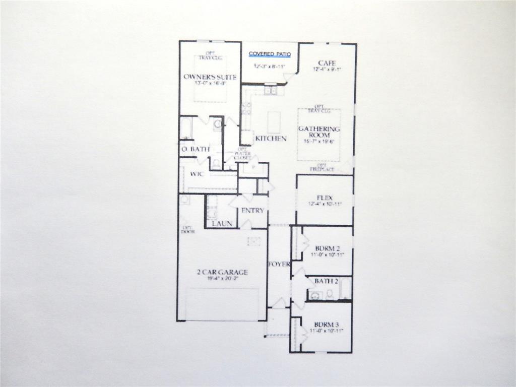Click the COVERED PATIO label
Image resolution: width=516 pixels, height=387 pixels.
click(x=270, y=54)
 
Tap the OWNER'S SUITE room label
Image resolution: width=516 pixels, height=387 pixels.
click(x=210, y=77)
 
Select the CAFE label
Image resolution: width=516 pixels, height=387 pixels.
click(x=327, y=63)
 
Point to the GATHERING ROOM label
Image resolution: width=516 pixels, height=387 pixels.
click(x=319, y=132)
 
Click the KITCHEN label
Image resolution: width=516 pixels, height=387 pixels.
click(x=271, y=139)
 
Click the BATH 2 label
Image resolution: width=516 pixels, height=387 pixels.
click(x=327, y=281)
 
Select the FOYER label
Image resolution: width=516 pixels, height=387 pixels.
click(x=279, y=264)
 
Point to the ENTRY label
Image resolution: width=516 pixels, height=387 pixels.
click(x=252, y=211)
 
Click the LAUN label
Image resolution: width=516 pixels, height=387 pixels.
click(x=222, y=223)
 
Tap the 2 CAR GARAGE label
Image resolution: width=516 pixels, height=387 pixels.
click(x=222, y=273)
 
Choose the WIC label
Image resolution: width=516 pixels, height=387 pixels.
click(x=196, y=174)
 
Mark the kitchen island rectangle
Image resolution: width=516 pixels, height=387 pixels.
click(x=274, y=122)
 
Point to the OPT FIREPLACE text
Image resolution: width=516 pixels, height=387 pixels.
click(x=322, y=168)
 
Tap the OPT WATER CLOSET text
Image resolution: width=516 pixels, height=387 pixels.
click(x=242, y=153)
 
